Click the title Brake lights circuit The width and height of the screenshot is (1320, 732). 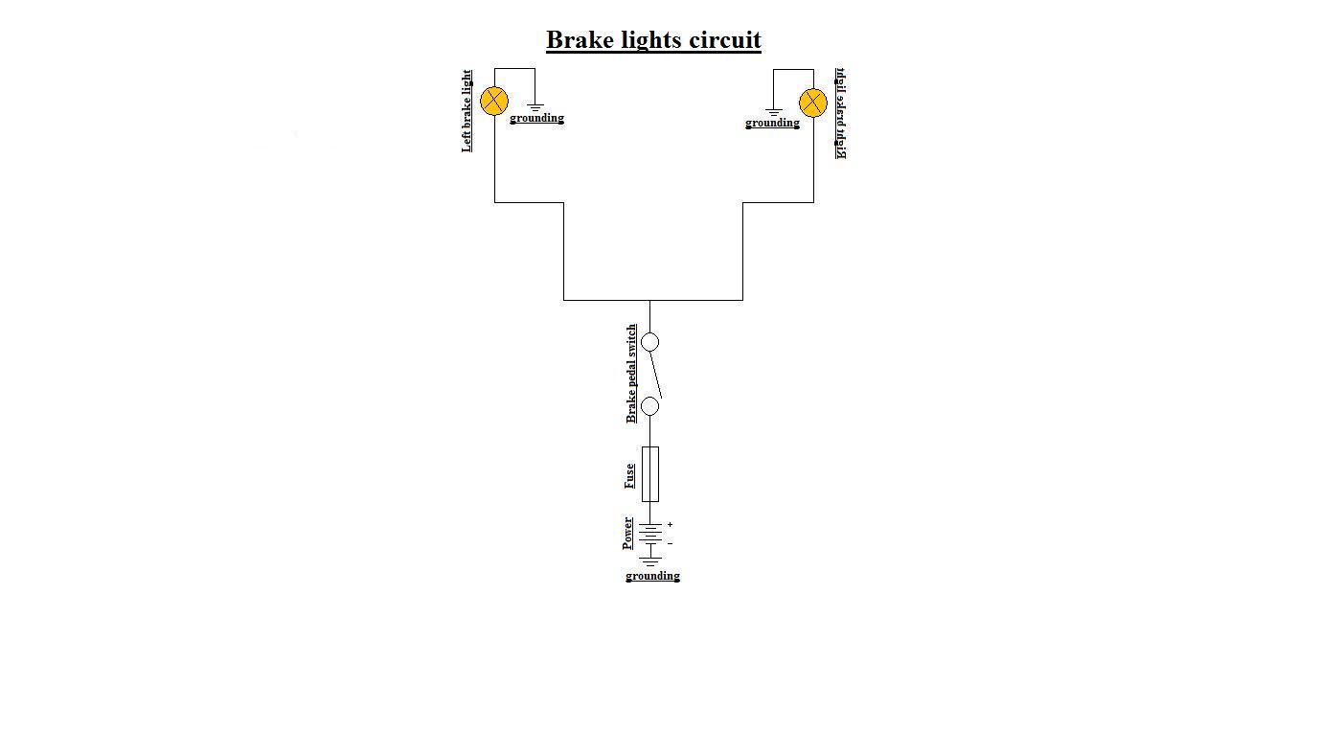pos(653,40)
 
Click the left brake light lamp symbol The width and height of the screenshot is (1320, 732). pos(494,101)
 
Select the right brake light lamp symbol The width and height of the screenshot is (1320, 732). pos(813,103)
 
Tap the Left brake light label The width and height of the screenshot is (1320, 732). pos(467,110)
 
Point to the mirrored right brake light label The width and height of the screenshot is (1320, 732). pos(840,113)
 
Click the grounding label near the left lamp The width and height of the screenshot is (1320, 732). pos(536,119)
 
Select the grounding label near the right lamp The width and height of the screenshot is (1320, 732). pos(772,124)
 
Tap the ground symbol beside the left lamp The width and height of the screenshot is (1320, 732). pos(535,107)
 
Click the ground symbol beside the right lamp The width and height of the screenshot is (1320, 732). pos(773,112)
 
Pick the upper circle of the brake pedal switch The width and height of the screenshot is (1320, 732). pos(649,342)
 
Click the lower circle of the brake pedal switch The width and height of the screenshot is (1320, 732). pos(649,406)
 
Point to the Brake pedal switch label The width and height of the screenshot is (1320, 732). pos(631,374)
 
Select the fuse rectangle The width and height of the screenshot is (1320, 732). pos(649,473)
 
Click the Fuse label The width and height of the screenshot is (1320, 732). pos(629,475)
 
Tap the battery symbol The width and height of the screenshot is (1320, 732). pos(650,535)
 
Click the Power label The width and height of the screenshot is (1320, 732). pos(627,533)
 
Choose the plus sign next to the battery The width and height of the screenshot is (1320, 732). pos(670,525)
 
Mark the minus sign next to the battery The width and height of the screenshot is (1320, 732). pos(670,543)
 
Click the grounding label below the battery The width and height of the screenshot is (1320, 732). pos(652,576)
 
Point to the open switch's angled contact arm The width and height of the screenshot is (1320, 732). pos(656,375)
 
